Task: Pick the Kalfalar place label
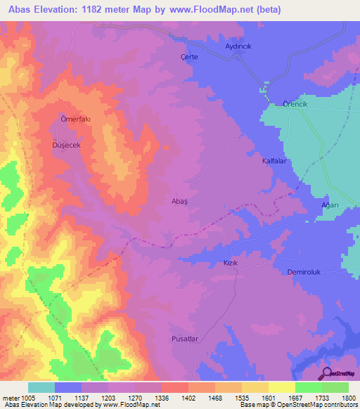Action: click(276, 161)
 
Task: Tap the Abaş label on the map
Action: click(181, 200)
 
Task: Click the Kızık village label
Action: click(231, 262)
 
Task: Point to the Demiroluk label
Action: click(304, 272)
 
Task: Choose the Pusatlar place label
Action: click(186, 338)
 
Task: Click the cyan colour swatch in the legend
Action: click(41, 387)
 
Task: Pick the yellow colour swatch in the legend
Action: click(281, 387)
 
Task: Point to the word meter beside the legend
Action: click(11, 398)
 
